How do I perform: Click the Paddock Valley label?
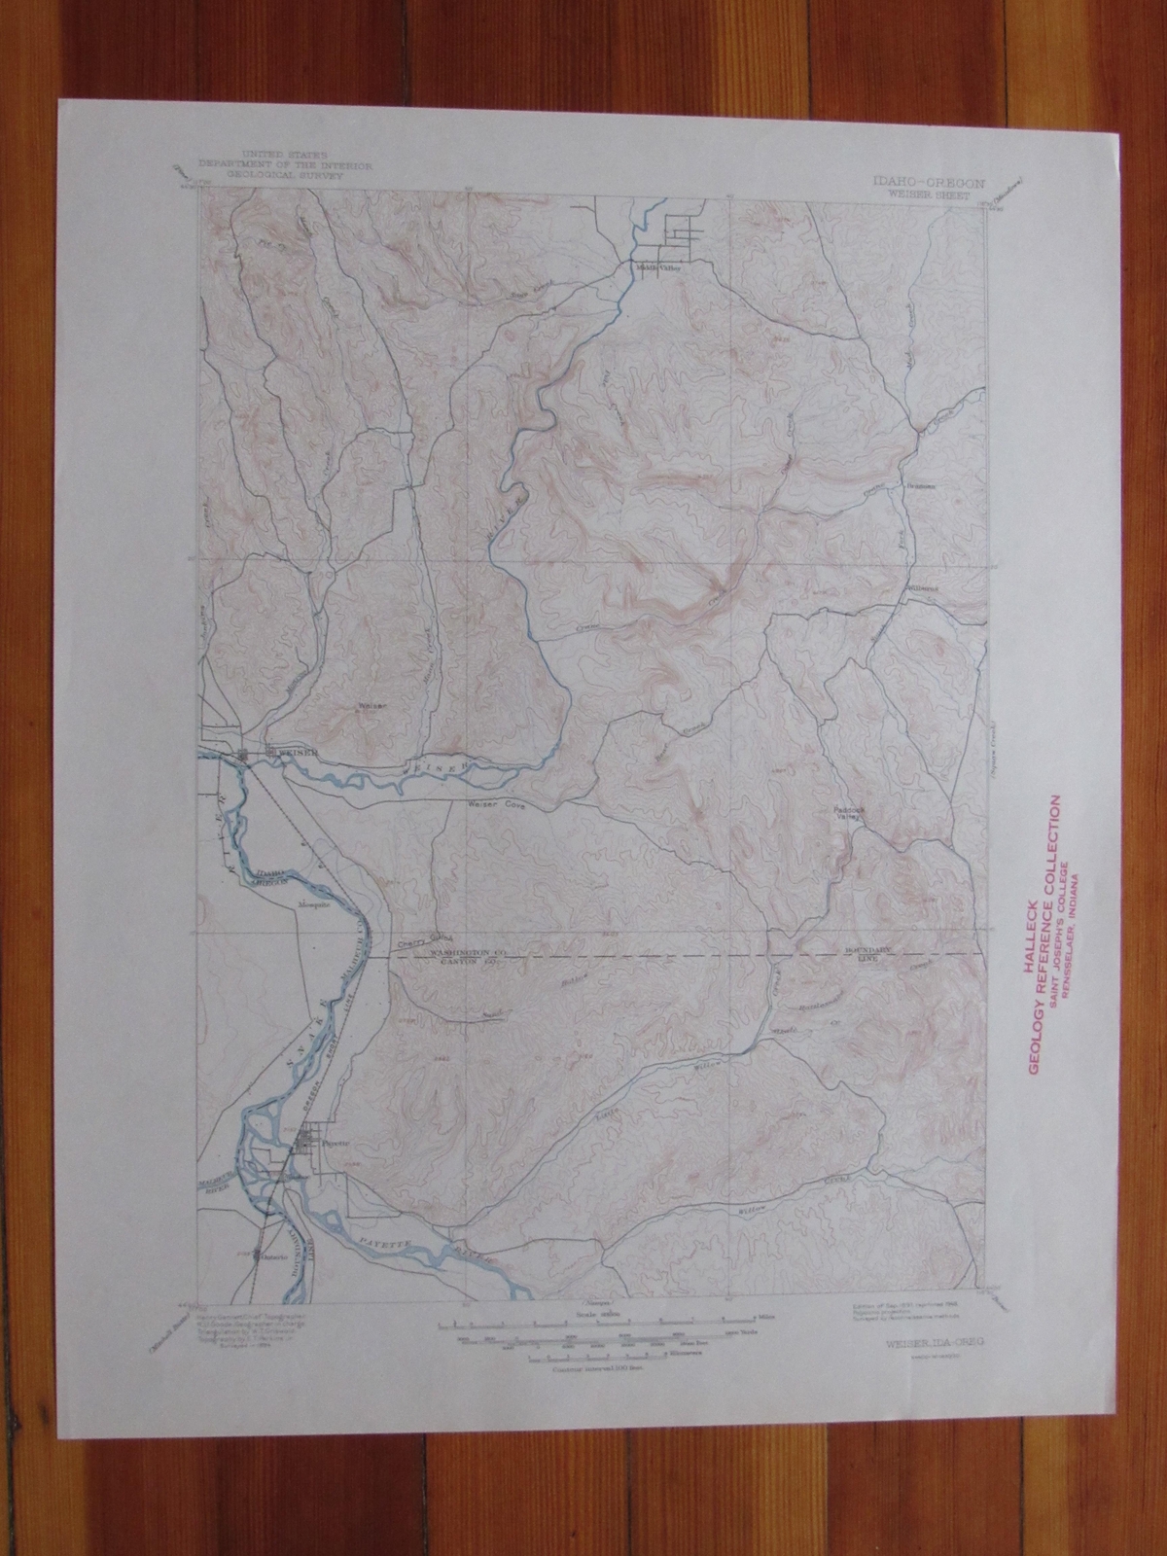847,813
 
